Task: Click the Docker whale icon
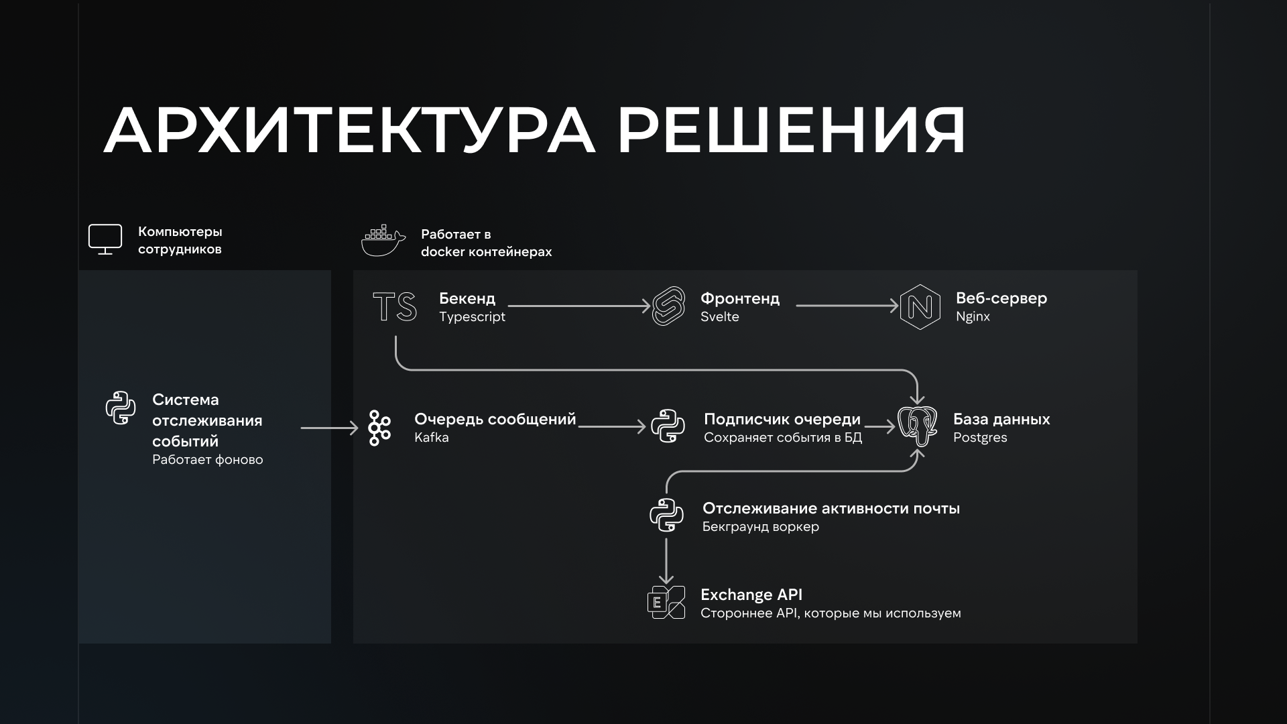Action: (x=383, y=241)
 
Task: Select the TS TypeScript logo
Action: (x=394, y=306)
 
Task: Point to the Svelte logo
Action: (x=668, y=306)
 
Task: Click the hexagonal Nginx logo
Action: (x=920, y=307)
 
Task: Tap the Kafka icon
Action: (x=379, y=428)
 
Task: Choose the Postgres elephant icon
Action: (x=918, y=426)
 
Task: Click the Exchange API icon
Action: (x=666, y=602)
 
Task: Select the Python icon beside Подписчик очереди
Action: (x=668, y=426)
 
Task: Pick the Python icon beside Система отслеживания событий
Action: (x=121, y=408)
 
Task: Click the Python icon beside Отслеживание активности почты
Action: (x=666, y=515)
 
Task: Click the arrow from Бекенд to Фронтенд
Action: (x=579, y=306)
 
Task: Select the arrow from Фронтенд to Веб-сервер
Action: (x=847, y=306)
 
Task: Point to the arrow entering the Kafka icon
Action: (x=329, y=428)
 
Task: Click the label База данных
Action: (x=1001, y=419)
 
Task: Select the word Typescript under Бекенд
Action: (x=472, y=316)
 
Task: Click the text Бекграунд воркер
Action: (x=760, y=526)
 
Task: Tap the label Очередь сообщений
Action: (x=495, y=419)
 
